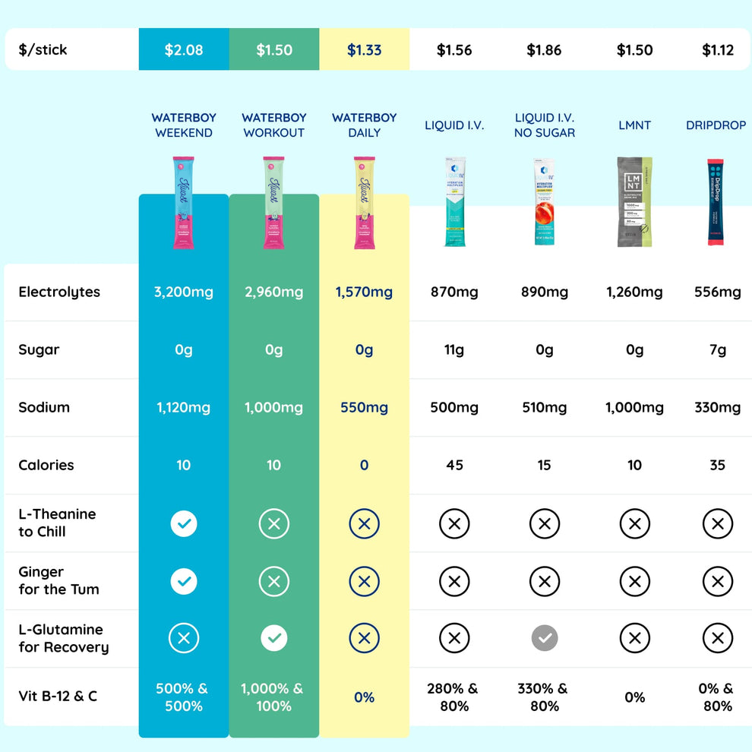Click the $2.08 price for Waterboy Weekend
[x=184, y=50]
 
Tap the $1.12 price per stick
[x=718, y=50]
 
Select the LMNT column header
[x=634, y=125]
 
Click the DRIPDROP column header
[x=716, y=125]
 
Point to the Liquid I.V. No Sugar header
[x=545, y=125]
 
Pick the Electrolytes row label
[x=59, y=292]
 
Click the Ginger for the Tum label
[x=58, y=580]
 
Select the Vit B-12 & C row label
[x=58, y=697]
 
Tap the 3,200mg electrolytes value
[x=184, y=292]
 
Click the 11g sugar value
[x=454, y=350]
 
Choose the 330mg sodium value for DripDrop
[x=717, y=408]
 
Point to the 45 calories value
[x=454, y=466]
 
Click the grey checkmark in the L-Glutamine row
[x=545, y=639]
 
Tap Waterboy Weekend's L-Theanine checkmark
[x=184, y=523]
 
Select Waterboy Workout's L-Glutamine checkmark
[x=274, y=639]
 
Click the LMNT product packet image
[x=634, y=201]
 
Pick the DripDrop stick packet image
[x=716, y=203]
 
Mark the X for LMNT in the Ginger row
[x=635, y=581]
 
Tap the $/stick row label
[x=43, y=50]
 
